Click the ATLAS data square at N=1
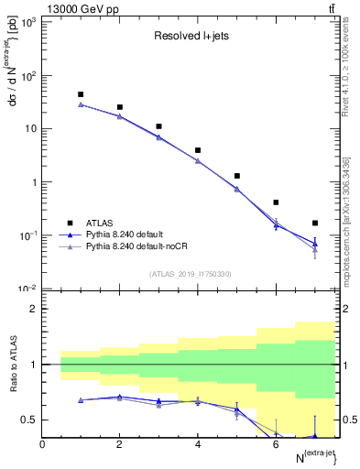pyautogui.click(x=81, y=94)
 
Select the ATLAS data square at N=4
pyautogui.click(x=198, y=150)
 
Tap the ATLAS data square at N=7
pyautogui.click(x=315, y=223)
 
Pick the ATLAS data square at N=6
pyautogui.click(x=276, y=202)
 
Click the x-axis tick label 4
pyautogui.click(x=198, y=444)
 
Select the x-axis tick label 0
pyautogui.click(x=42, y=444)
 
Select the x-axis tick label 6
pyautogui.click(x=276, y=444)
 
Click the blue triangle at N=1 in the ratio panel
pyautogui.click(x=81, y=400)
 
